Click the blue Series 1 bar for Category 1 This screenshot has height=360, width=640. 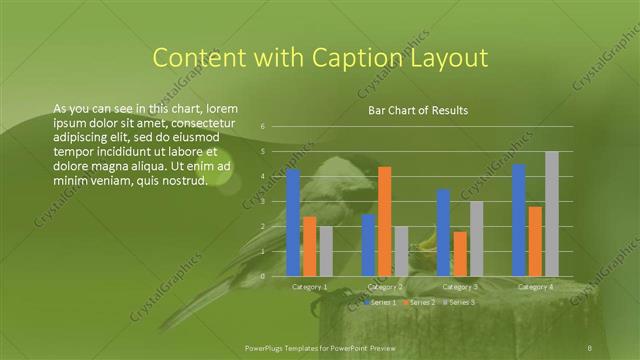pos(293,222)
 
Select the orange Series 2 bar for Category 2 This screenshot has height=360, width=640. pos(385,221)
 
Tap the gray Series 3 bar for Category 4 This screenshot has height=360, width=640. pos(552,213)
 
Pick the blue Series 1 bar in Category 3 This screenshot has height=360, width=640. pos(444,232)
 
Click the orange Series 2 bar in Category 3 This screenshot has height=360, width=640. pos(460,253)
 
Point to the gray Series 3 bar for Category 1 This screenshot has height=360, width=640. pos(326,251)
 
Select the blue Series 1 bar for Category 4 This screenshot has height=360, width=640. pos(519,220)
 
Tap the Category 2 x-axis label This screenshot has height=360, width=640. pos(385,287)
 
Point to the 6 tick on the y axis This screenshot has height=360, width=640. pos(262,127)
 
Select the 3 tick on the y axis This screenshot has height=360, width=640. pos(262,201)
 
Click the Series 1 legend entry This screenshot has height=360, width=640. pos(381,302)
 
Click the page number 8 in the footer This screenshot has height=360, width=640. pos(590,347)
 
